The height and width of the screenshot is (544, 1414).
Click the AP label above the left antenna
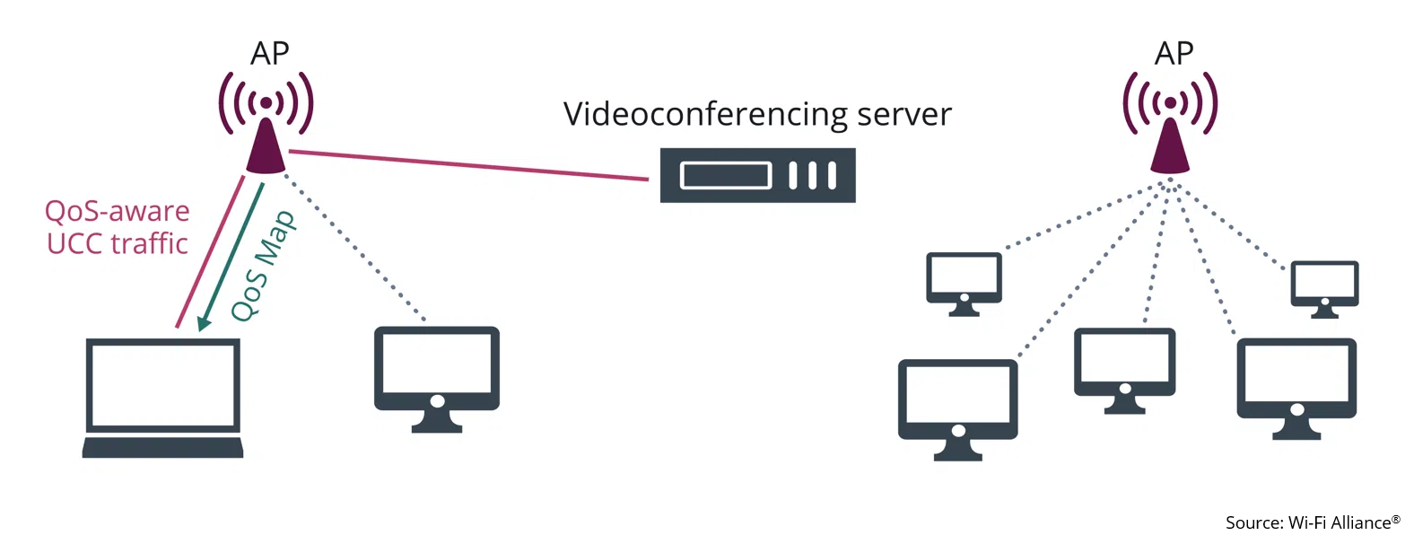pyautogui.click(x=269, y=54)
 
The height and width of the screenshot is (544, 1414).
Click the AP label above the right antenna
pyautogui.click(x=1174, y=54)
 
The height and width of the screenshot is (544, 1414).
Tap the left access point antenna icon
pyautogui.click(x=266, y=126)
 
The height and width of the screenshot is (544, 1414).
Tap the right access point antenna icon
pyautogui.click(x=1170, y=126)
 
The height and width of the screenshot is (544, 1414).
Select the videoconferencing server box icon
pyautogui.click(x=757, y=175)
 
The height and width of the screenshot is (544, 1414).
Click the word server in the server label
pyautogui.click(x=903, y=115)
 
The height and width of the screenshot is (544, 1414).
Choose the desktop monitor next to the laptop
pyautogui.click(x=436, y=377)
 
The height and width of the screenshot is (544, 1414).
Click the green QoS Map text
pyautogui.click(x=263, y=266)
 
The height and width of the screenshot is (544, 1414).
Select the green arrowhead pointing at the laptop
pyautogui.click(x=205, y=321)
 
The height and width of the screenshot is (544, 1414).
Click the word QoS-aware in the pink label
pyautogui.click(x=117, y=211)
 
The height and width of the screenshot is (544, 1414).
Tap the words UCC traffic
pyautogui.click(x=117, y=243)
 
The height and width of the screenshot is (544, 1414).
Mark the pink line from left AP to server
pyautogui.click(x=467, y=165)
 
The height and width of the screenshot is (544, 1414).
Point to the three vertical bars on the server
pyautogui.click(x=813, y=175)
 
